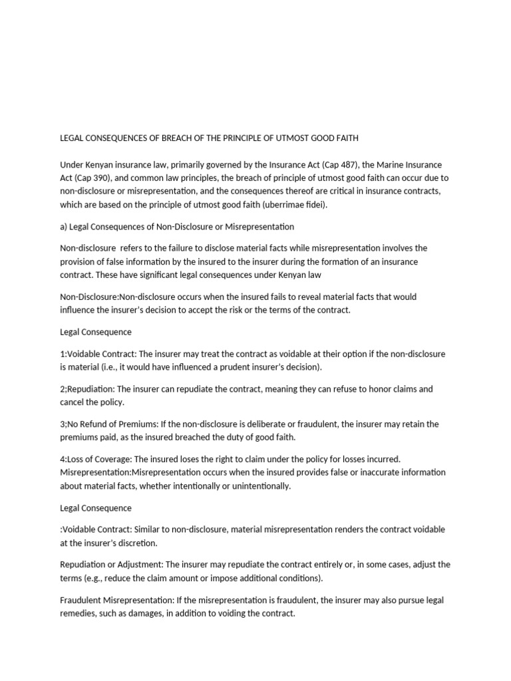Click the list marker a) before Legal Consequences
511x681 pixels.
(64, 227)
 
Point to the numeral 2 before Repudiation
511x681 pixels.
(63, 389)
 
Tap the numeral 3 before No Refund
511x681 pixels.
(63, 424)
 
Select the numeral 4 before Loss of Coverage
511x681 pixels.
(63, 459)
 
